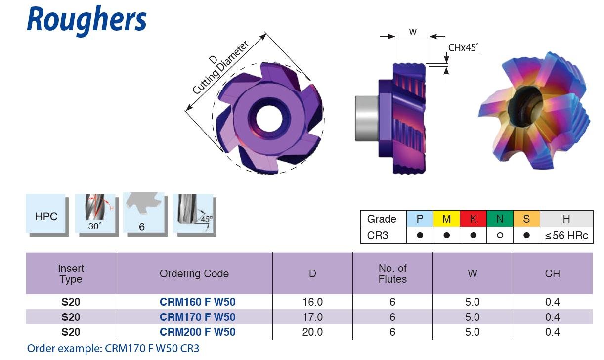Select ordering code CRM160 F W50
[197, 302]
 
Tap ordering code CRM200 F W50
[197, 332]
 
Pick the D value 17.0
[312, 317]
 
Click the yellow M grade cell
[446, 219]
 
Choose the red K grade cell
[473, 219]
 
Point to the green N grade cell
[500, 219]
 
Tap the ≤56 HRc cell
[566, 235]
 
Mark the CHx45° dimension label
[464, 47]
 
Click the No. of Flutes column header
[392, 273]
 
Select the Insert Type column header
[71, 273]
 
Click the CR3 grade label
[378, 235]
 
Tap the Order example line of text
[113, 348]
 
